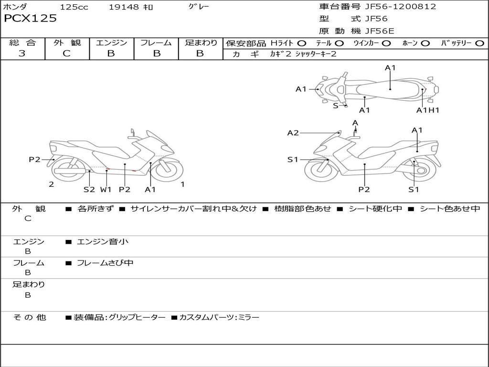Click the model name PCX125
[30, 19]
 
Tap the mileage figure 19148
[123, 7]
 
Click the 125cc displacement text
[74, 7]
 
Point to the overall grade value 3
[22, 54]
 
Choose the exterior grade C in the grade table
[67, 54]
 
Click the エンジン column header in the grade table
[111, 43]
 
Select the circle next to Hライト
[302, 43]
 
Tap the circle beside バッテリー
[479, 43]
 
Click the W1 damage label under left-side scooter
[106, 189]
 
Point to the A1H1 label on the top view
[427, 110]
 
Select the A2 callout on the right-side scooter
[293, 133]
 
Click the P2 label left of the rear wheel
[34, 160]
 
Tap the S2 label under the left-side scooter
[89, 189]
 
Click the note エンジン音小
[103, 242]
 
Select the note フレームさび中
[105, 263]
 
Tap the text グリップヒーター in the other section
[137, 317]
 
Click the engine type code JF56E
[379, 31]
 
